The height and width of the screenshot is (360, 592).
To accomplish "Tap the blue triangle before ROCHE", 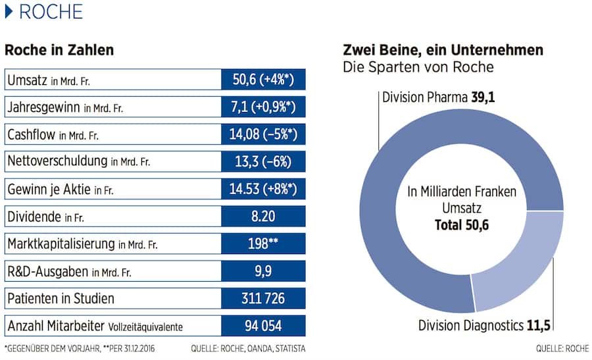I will click(9, 12).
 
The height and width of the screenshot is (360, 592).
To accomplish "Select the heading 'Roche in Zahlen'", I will click(59, 50).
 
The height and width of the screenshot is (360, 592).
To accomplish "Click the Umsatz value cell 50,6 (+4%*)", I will click(264, 80).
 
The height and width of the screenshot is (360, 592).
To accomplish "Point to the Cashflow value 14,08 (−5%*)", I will click(264, 135).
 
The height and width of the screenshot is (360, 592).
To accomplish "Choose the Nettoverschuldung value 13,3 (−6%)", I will click(264, 162).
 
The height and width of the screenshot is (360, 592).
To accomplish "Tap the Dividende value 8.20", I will click(264, 217).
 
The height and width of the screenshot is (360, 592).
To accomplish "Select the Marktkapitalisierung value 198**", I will click(264, 244).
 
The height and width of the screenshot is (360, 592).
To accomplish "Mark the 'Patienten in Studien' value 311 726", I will click(264, 298).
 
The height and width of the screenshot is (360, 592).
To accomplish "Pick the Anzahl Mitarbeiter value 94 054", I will click(264, 326).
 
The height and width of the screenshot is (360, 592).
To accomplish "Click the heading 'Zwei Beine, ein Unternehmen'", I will click(443, 50).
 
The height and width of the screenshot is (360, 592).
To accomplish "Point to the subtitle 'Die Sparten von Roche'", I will click(418, 67).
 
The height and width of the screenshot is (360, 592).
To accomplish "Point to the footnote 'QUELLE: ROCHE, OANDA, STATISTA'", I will click(248, 348).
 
